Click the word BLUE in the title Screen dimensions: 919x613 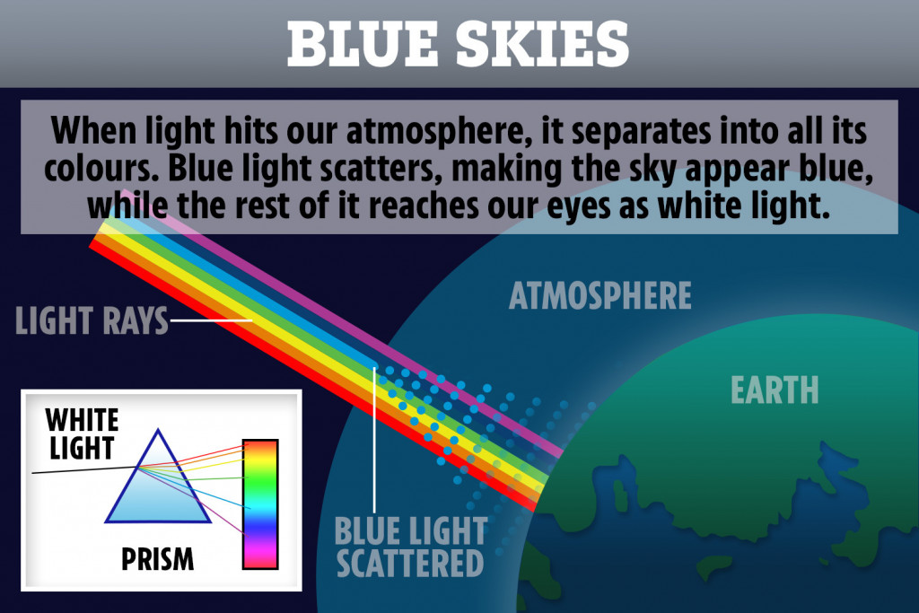click(363, 45)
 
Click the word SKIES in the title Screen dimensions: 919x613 click(542, 45)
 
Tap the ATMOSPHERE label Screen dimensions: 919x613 click(600, 295)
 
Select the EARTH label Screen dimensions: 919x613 click(775, 390)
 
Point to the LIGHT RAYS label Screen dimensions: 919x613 click(92, 320)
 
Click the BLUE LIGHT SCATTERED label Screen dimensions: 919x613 click(410, 547)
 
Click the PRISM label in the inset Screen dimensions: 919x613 click(157, 558)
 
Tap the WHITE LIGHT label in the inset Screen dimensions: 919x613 click(82, 434)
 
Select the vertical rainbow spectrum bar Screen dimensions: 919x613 click(260, 504)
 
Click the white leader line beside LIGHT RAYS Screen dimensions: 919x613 click(210, 320)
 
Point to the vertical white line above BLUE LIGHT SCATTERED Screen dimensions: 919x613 click(374, 440)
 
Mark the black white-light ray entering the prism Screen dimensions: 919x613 click(85, 469)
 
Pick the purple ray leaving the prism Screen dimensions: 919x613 click(191, 500)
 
